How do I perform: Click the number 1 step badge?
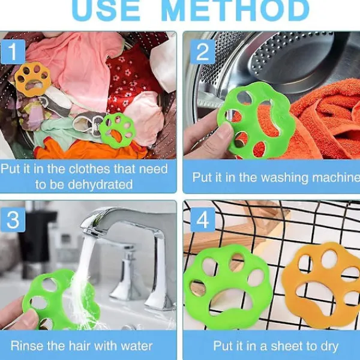13,52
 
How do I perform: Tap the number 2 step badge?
203,52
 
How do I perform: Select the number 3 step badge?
13,220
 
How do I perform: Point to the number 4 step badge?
203,220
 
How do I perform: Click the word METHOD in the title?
235,10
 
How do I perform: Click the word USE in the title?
106,10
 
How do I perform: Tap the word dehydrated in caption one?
100,184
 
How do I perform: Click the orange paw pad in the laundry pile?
32,79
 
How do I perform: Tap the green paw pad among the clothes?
117,130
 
